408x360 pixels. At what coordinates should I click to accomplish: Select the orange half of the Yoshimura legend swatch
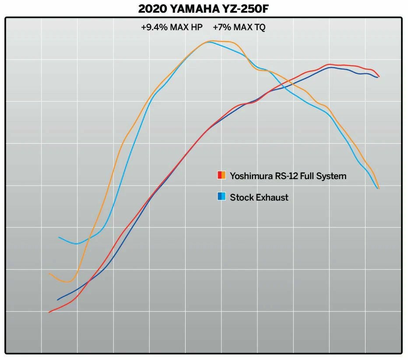point(224,175)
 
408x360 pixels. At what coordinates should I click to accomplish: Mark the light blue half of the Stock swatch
point(224,197)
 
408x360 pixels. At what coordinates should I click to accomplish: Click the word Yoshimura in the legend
point(251,176)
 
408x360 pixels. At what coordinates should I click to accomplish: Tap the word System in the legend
point(332,176)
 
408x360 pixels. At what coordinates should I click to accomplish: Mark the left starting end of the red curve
point(49,312)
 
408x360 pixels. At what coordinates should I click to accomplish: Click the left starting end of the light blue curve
point(59,237)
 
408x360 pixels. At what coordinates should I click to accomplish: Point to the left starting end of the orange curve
point(49,274)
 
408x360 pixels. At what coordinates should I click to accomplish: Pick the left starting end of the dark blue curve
point(57,300)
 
